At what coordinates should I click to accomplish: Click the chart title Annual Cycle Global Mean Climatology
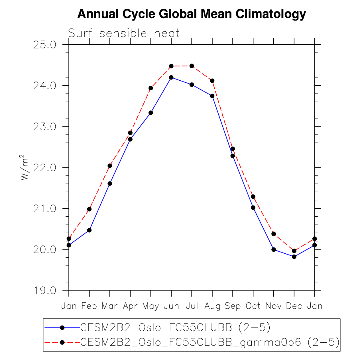click(x=192, y=14)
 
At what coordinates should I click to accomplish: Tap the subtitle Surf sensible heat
click(x=124, y=33)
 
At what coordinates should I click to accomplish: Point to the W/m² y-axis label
click(x=25, y=167)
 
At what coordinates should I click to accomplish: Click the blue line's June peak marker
click(x=171, y=77)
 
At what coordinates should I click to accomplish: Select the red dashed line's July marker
click(x=192, y=66)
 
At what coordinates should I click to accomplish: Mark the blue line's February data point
click(x=89, y=230)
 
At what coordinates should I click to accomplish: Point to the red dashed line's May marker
click(x=151, y=88)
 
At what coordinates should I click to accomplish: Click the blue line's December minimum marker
click(x=294, y=257)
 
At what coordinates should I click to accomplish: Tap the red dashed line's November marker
click(x=274, y=234)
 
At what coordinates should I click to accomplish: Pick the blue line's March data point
click(x=110, y=184)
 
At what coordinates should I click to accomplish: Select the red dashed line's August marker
click(x=212, y=81)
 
